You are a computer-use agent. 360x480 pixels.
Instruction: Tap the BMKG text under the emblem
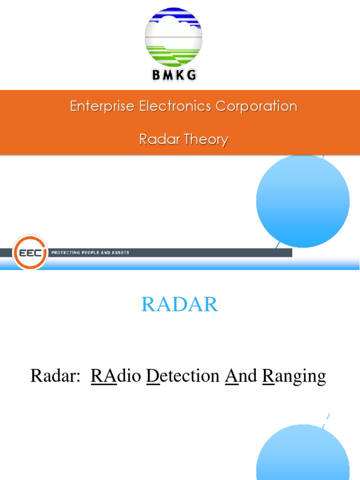pos(173,75)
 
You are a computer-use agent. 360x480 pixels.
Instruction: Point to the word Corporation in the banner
pos(256,106)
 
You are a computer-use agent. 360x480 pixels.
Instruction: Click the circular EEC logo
pos(30,252)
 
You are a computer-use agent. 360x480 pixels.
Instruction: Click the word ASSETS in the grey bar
pos(120,253)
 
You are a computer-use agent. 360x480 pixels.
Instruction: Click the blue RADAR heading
pos(180,305)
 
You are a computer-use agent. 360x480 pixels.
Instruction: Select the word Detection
pos(183,375)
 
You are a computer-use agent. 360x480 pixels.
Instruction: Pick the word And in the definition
pos(241,375)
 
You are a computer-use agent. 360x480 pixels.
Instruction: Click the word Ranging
pos(294,376)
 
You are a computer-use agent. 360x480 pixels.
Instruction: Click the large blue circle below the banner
pos(303,201)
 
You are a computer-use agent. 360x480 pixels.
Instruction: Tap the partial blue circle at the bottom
pos(303,455)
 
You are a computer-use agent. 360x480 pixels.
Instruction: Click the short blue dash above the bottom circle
pos(328,417)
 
